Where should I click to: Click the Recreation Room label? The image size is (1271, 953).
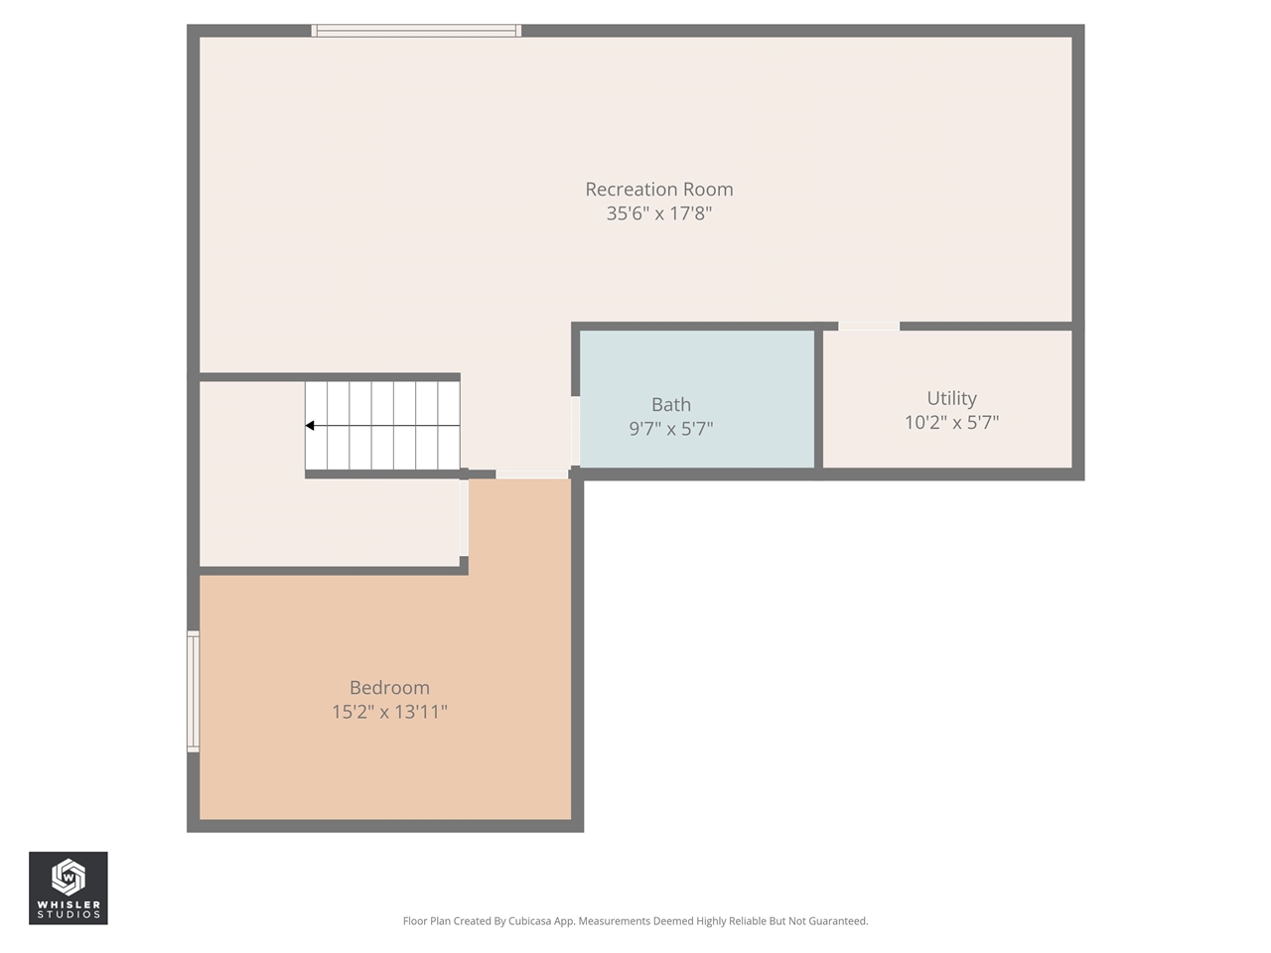coord(658,189)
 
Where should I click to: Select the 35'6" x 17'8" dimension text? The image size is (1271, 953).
coord(658,213)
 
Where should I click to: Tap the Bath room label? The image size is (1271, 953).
coord(670,404)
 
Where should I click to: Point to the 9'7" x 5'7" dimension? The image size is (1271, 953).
coord(670,429)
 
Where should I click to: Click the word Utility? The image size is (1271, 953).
coord(951,398)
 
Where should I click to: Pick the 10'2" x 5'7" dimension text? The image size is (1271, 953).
coord(951,423)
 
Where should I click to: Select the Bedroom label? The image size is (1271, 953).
coord(389,687)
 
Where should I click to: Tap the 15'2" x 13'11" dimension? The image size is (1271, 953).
coord(389,712)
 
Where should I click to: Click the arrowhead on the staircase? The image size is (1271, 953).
coord(310,426)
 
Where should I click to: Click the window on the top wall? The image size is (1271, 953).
coord(416,31)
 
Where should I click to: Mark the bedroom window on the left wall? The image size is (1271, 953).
coord(193,691)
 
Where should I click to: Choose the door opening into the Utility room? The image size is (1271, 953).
coord(869,326)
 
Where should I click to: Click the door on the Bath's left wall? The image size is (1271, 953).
coord(575,431)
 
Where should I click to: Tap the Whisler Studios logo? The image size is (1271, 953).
coord(68,887)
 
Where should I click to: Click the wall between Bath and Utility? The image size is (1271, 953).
coord(818,399)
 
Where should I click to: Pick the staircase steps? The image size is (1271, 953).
coord(382,426)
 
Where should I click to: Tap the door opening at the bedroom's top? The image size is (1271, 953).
coord(531,475)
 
